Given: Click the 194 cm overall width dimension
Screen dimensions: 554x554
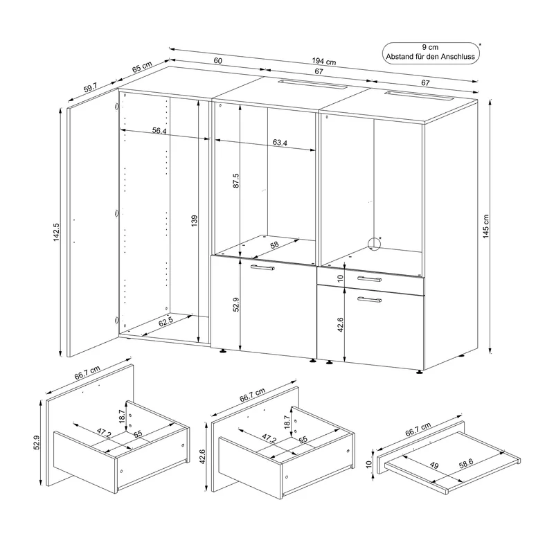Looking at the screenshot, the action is click(x=323, y=62).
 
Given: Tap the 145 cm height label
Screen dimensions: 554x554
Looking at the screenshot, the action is click(x=486, y=226).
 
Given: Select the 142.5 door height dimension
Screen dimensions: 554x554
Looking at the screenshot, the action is click(x=57, y=232).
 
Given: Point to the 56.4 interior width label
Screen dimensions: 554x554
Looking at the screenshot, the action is click(x=159, y=131).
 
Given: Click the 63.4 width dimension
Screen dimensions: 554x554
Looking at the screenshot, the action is click(x=280, y=143).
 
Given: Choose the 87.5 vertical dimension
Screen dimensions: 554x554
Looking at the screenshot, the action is click(x=236, y=180).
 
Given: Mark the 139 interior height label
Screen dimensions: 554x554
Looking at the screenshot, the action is click(x=195, y=220).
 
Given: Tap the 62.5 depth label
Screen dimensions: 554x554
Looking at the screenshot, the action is click(x=166, y=322).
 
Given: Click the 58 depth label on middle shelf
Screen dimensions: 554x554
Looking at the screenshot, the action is click(x=274, y=244).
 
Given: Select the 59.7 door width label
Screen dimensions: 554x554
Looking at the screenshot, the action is click(x=91, y=87).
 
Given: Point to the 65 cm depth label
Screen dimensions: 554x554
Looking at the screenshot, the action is click(x=142, y=66).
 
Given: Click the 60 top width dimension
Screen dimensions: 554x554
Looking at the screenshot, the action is click(x=218, y=61).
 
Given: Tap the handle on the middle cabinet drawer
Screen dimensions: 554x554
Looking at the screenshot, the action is click(x=262, y=267).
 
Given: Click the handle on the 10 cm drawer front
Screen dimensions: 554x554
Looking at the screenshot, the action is click(x=369, y=279).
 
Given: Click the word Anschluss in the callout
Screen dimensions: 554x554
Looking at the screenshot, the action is click(x=458, y=57).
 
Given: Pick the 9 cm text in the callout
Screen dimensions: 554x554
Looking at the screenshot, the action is click(x=430, y=47).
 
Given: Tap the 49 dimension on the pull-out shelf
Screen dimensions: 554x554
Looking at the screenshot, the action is click(x=434, y=465).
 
